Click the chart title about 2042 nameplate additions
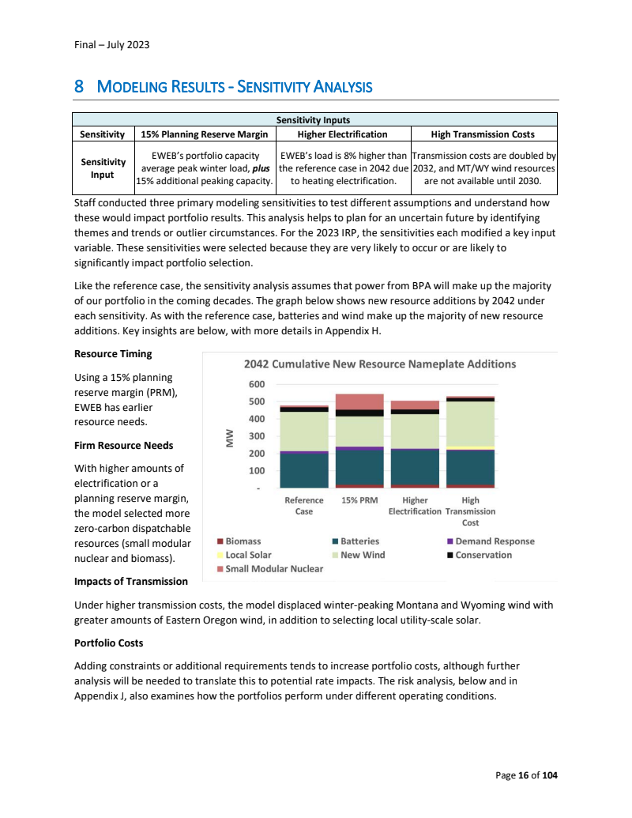pyautogui.click(x=380, y=364)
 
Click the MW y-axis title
pyautogui.click(x=231, y=436)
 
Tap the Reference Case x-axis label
pyautogui.click(x=304, y=506)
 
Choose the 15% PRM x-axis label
pyautogui.click(x=359, y=500)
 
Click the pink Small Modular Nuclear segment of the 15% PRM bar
pyautogui.click(x=359, y=401)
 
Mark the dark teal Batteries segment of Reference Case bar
pyautogui.click(x=304, y=469)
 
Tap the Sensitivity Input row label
pyautogui.click(x=103, y=168)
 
